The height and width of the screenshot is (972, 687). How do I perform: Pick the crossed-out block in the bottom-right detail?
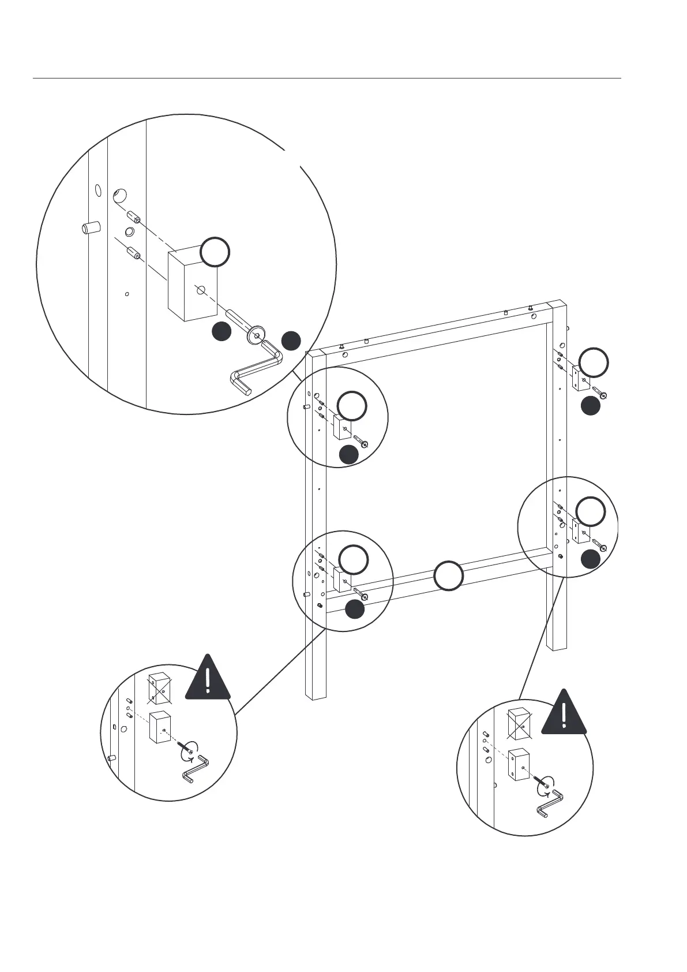point(518,723)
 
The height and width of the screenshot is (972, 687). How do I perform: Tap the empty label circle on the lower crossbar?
point(448,575)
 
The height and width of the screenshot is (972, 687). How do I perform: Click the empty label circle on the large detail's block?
point(215,252)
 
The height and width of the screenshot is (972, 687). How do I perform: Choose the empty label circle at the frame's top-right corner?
point(594,362)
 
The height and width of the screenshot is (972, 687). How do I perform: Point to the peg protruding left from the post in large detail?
point(89,228)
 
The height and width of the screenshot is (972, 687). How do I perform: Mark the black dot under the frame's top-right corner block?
point(590,406)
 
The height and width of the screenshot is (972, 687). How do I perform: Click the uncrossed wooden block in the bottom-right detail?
point(519,765)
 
